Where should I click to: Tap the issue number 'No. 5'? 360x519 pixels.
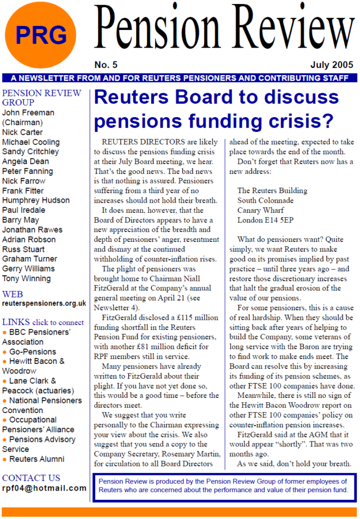pyautogui.click(x=105, y=65)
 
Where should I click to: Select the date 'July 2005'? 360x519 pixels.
pyautogui.click(x=332, y=65)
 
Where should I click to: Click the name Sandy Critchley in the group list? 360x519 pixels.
pyautogui.click(x=30, y=152)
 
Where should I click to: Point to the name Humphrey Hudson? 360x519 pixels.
pyautogui.click(x=36, y=200)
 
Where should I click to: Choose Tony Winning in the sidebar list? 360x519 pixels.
pyautogui.click(x=26, y=278)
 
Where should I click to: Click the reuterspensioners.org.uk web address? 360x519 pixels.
pyautogui.click(x=44, y=304)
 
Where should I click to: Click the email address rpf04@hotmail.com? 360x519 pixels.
pyautogui.click(x=44, y=488)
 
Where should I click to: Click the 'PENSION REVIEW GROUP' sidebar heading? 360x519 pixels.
pyautogui.click(x=42, y=98)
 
